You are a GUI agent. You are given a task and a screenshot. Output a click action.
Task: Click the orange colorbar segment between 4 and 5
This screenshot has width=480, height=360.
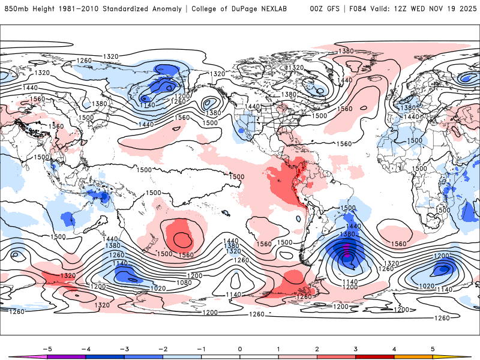click(x=414, y=356)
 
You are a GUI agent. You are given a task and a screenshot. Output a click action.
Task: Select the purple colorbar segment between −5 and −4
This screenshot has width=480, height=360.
click(x=66, y=356)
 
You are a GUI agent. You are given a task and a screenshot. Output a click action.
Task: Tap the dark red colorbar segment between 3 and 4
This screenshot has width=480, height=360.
click(x=375, y=356)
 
